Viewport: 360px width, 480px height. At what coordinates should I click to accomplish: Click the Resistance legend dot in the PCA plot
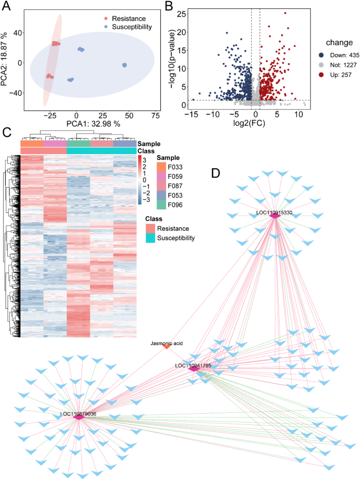106,18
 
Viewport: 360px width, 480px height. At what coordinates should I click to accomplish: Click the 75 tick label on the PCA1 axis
156,115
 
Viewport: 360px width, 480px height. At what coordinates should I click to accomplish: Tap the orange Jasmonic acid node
167,346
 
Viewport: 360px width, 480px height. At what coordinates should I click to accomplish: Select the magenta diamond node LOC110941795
193,369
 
